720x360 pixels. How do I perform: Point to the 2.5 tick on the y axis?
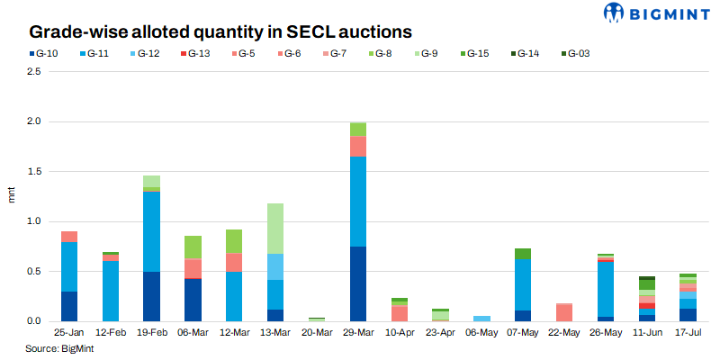(x=35, y=71)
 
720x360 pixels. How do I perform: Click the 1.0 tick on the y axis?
(x=35, y=221)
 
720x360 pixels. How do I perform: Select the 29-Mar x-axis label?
(x=357, y=332)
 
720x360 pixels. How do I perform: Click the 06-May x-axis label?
(x=481, y=332)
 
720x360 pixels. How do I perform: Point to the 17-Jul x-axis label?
(x=688, y=332)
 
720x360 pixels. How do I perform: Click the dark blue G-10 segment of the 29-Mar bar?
(x=357, y=283)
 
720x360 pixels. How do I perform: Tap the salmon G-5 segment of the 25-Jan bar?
(x=68, y=237)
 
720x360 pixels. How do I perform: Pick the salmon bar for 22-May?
(x=564, y=312)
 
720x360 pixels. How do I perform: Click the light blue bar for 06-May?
(x=481, y=319)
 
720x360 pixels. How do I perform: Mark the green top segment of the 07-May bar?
(x=523, y=254)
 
